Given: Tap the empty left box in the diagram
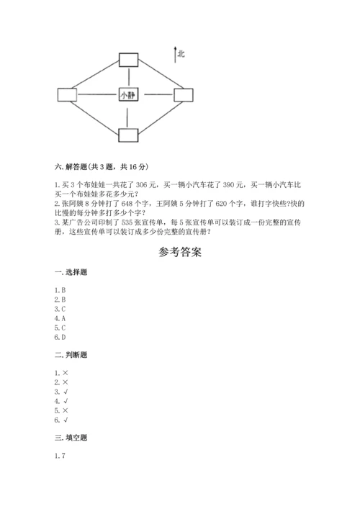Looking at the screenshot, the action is coord(67,95).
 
